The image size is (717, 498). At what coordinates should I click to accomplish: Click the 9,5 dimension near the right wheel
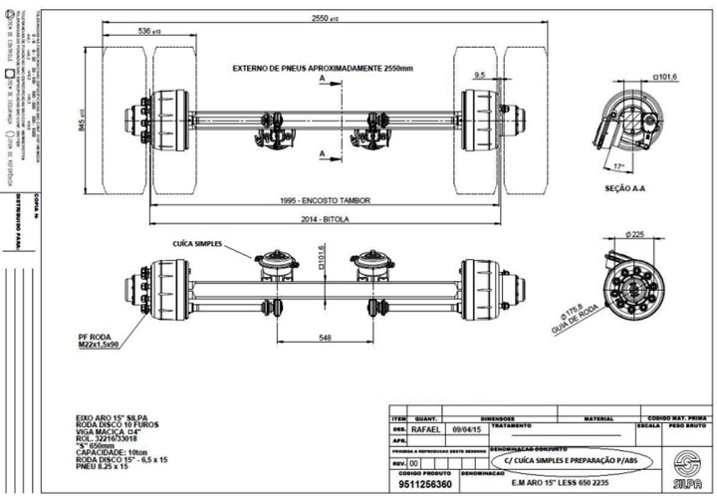[480, 74]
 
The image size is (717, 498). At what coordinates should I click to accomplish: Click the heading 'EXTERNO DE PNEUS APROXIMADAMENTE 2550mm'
[322, 70]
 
